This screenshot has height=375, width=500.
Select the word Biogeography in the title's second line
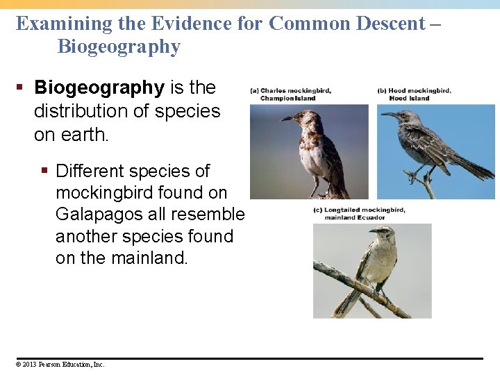pyautogui.click(x=119, y=47)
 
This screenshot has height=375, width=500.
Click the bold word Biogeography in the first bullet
pyautogui.click(x=99, y=88)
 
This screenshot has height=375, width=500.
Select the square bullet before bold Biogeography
pyautogui.click(x=22, y=88)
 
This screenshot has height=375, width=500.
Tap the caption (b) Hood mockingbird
pyautogui.click(x=414, y=94)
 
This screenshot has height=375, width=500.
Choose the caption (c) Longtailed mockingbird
pyautogui.click(x=359, y=213)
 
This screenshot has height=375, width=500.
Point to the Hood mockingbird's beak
pyautogui.click(x=388, y=114)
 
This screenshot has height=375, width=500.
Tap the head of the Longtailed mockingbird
pyautogui.click(x=380, y=233)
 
